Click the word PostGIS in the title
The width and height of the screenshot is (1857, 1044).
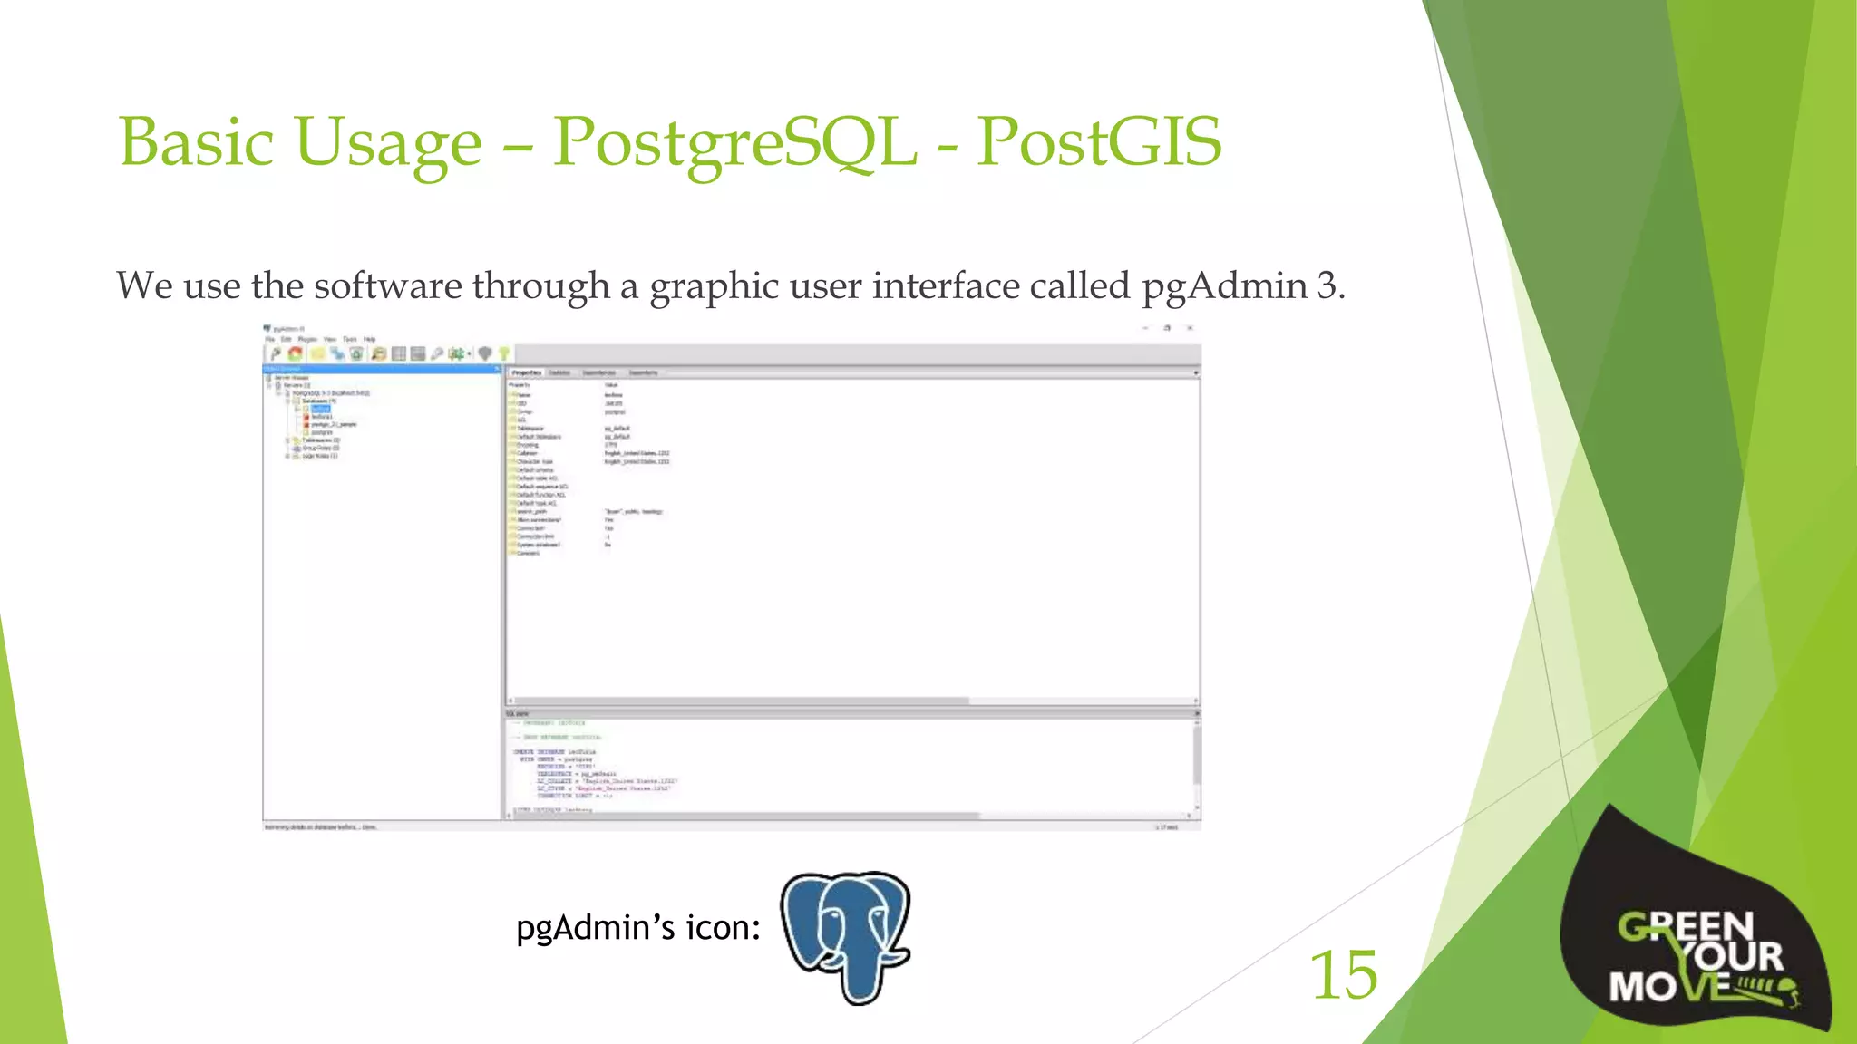[x=1098, y=143]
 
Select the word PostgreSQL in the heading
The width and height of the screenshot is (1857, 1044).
[x=734, y=143]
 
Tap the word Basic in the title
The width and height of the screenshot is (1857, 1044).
[x=196, y=143]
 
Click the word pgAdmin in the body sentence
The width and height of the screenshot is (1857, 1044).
[x=1224, y=286]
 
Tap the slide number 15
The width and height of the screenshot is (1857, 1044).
[x=1343, y=975]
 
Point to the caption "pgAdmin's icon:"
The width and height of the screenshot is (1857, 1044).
[x=637, y=928]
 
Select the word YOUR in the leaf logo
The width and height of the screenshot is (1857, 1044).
[x=1732, y=957]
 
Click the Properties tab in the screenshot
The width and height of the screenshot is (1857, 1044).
[x=526, y=372]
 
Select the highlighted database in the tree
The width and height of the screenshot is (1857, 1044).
[x=320, y=409]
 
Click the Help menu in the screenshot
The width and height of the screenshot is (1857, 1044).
[x=369, y=339]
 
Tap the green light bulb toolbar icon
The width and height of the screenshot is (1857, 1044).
[x=504, y=353]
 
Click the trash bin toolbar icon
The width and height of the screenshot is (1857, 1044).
[x=356, y=353]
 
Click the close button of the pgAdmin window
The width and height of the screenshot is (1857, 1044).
[x=1190, y=328]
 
